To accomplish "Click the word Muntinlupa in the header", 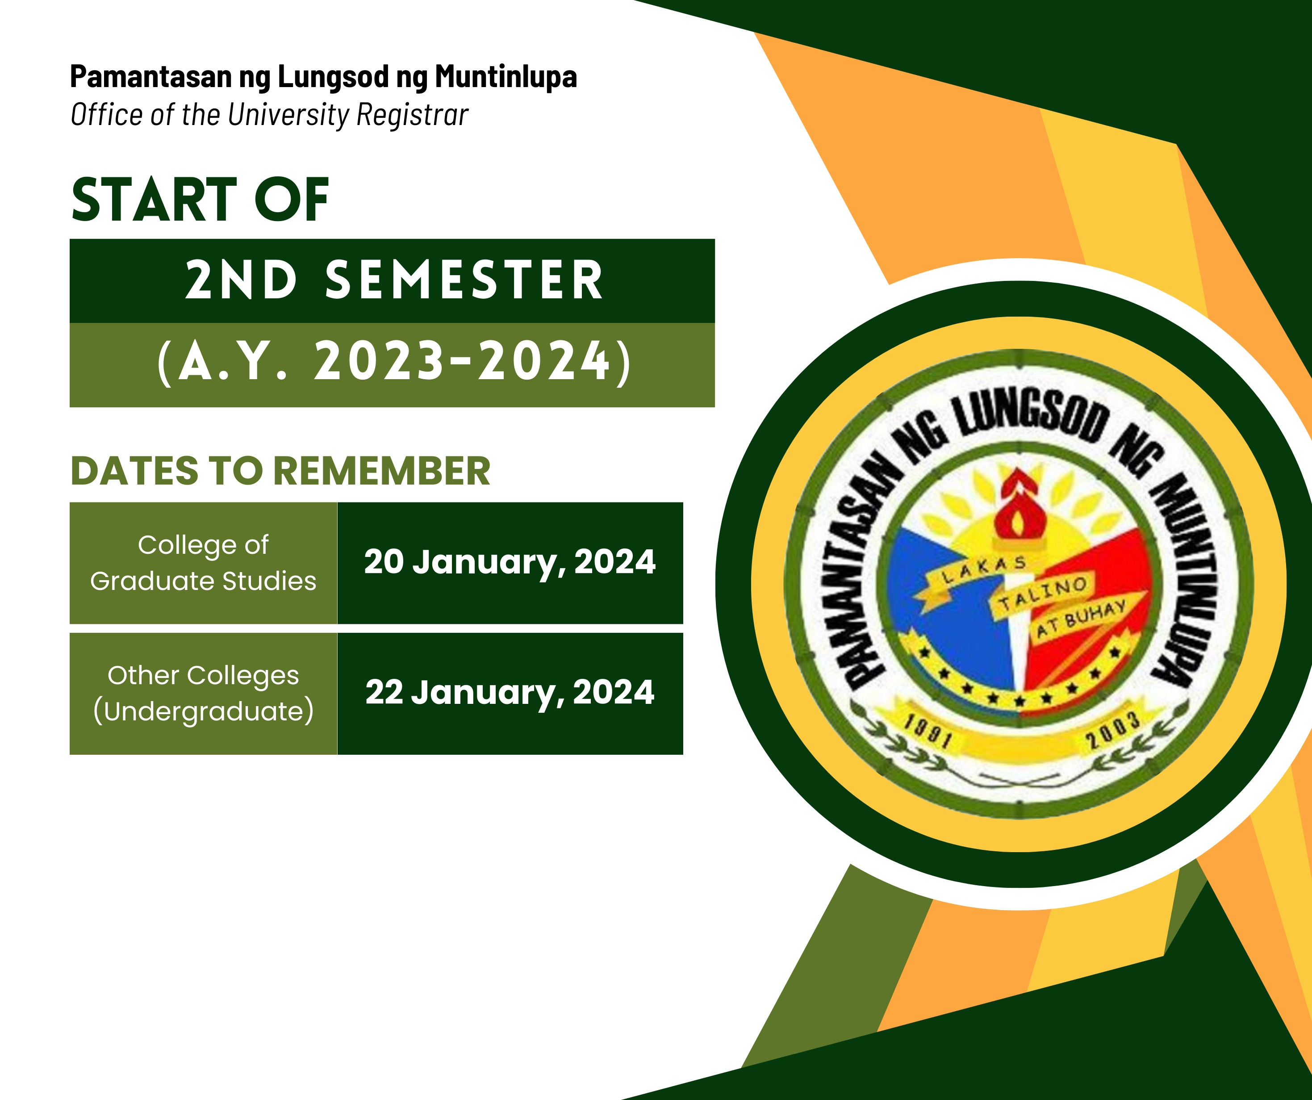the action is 506,77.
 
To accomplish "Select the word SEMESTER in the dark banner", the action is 464,280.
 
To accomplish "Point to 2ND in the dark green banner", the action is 241,280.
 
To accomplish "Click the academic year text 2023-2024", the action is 462,361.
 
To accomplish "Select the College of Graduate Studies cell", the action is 203,563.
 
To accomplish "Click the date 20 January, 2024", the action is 510,562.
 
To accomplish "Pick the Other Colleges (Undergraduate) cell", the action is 203,694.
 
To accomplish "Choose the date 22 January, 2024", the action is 510,693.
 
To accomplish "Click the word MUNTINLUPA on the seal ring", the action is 1184,575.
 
